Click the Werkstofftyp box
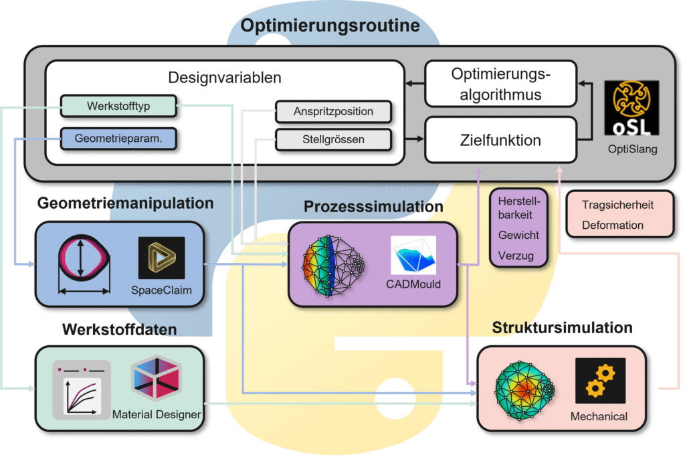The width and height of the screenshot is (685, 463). click(x=118, y=106)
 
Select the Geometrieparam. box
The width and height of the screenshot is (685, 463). click(x=109, y=138)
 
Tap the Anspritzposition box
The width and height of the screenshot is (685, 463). click(x=333, y=111)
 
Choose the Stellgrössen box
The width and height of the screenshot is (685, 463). click(x=333, y=139)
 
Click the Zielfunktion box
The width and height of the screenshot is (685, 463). click(x=500, y=141)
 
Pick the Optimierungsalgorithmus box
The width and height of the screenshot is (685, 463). click(x=500, y=84)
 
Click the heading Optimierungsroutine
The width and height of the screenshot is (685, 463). click(x=330, y=26)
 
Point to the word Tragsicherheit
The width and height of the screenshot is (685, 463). click(x=617, y=205)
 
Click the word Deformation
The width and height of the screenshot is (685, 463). click(x=612, y=225)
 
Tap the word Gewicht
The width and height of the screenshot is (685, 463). click(x=518, y=235)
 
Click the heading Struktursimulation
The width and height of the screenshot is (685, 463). click(x=562, y=329)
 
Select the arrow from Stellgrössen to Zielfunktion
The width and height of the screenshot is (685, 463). click(x=408, y=139)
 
